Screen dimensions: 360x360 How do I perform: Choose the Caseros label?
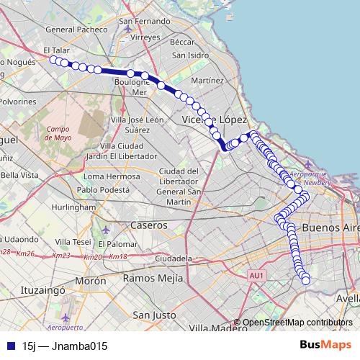pos(148,225)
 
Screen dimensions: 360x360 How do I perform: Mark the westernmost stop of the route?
pos(53,60)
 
